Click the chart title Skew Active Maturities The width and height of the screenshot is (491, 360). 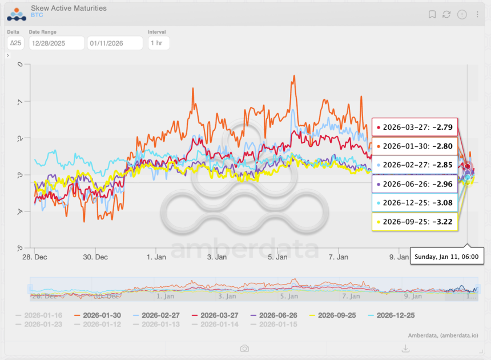click(69, 9)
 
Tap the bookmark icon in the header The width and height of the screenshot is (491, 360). click(432, 14)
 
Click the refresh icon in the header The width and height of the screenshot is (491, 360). click(446, 14)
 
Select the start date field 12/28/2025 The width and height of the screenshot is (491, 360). click(56, 43)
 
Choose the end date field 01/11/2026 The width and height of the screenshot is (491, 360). click(114, 43)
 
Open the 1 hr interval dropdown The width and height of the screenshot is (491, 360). click(158, 43)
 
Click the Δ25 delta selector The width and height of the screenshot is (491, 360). click(15, 43)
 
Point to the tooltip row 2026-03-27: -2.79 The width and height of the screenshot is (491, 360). click(414, 127)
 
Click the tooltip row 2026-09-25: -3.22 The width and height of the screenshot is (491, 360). click(414, 221)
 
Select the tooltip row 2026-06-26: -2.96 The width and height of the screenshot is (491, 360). click(414, 184)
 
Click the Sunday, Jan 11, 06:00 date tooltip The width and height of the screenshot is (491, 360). click(448, 257)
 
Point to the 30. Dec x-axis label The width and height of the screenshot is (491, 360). click(95, 257)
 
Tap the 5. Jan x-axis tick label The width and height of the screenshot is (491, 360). click(277, 257)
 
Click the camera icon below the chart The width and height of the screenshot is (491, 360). click(244, 349)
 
